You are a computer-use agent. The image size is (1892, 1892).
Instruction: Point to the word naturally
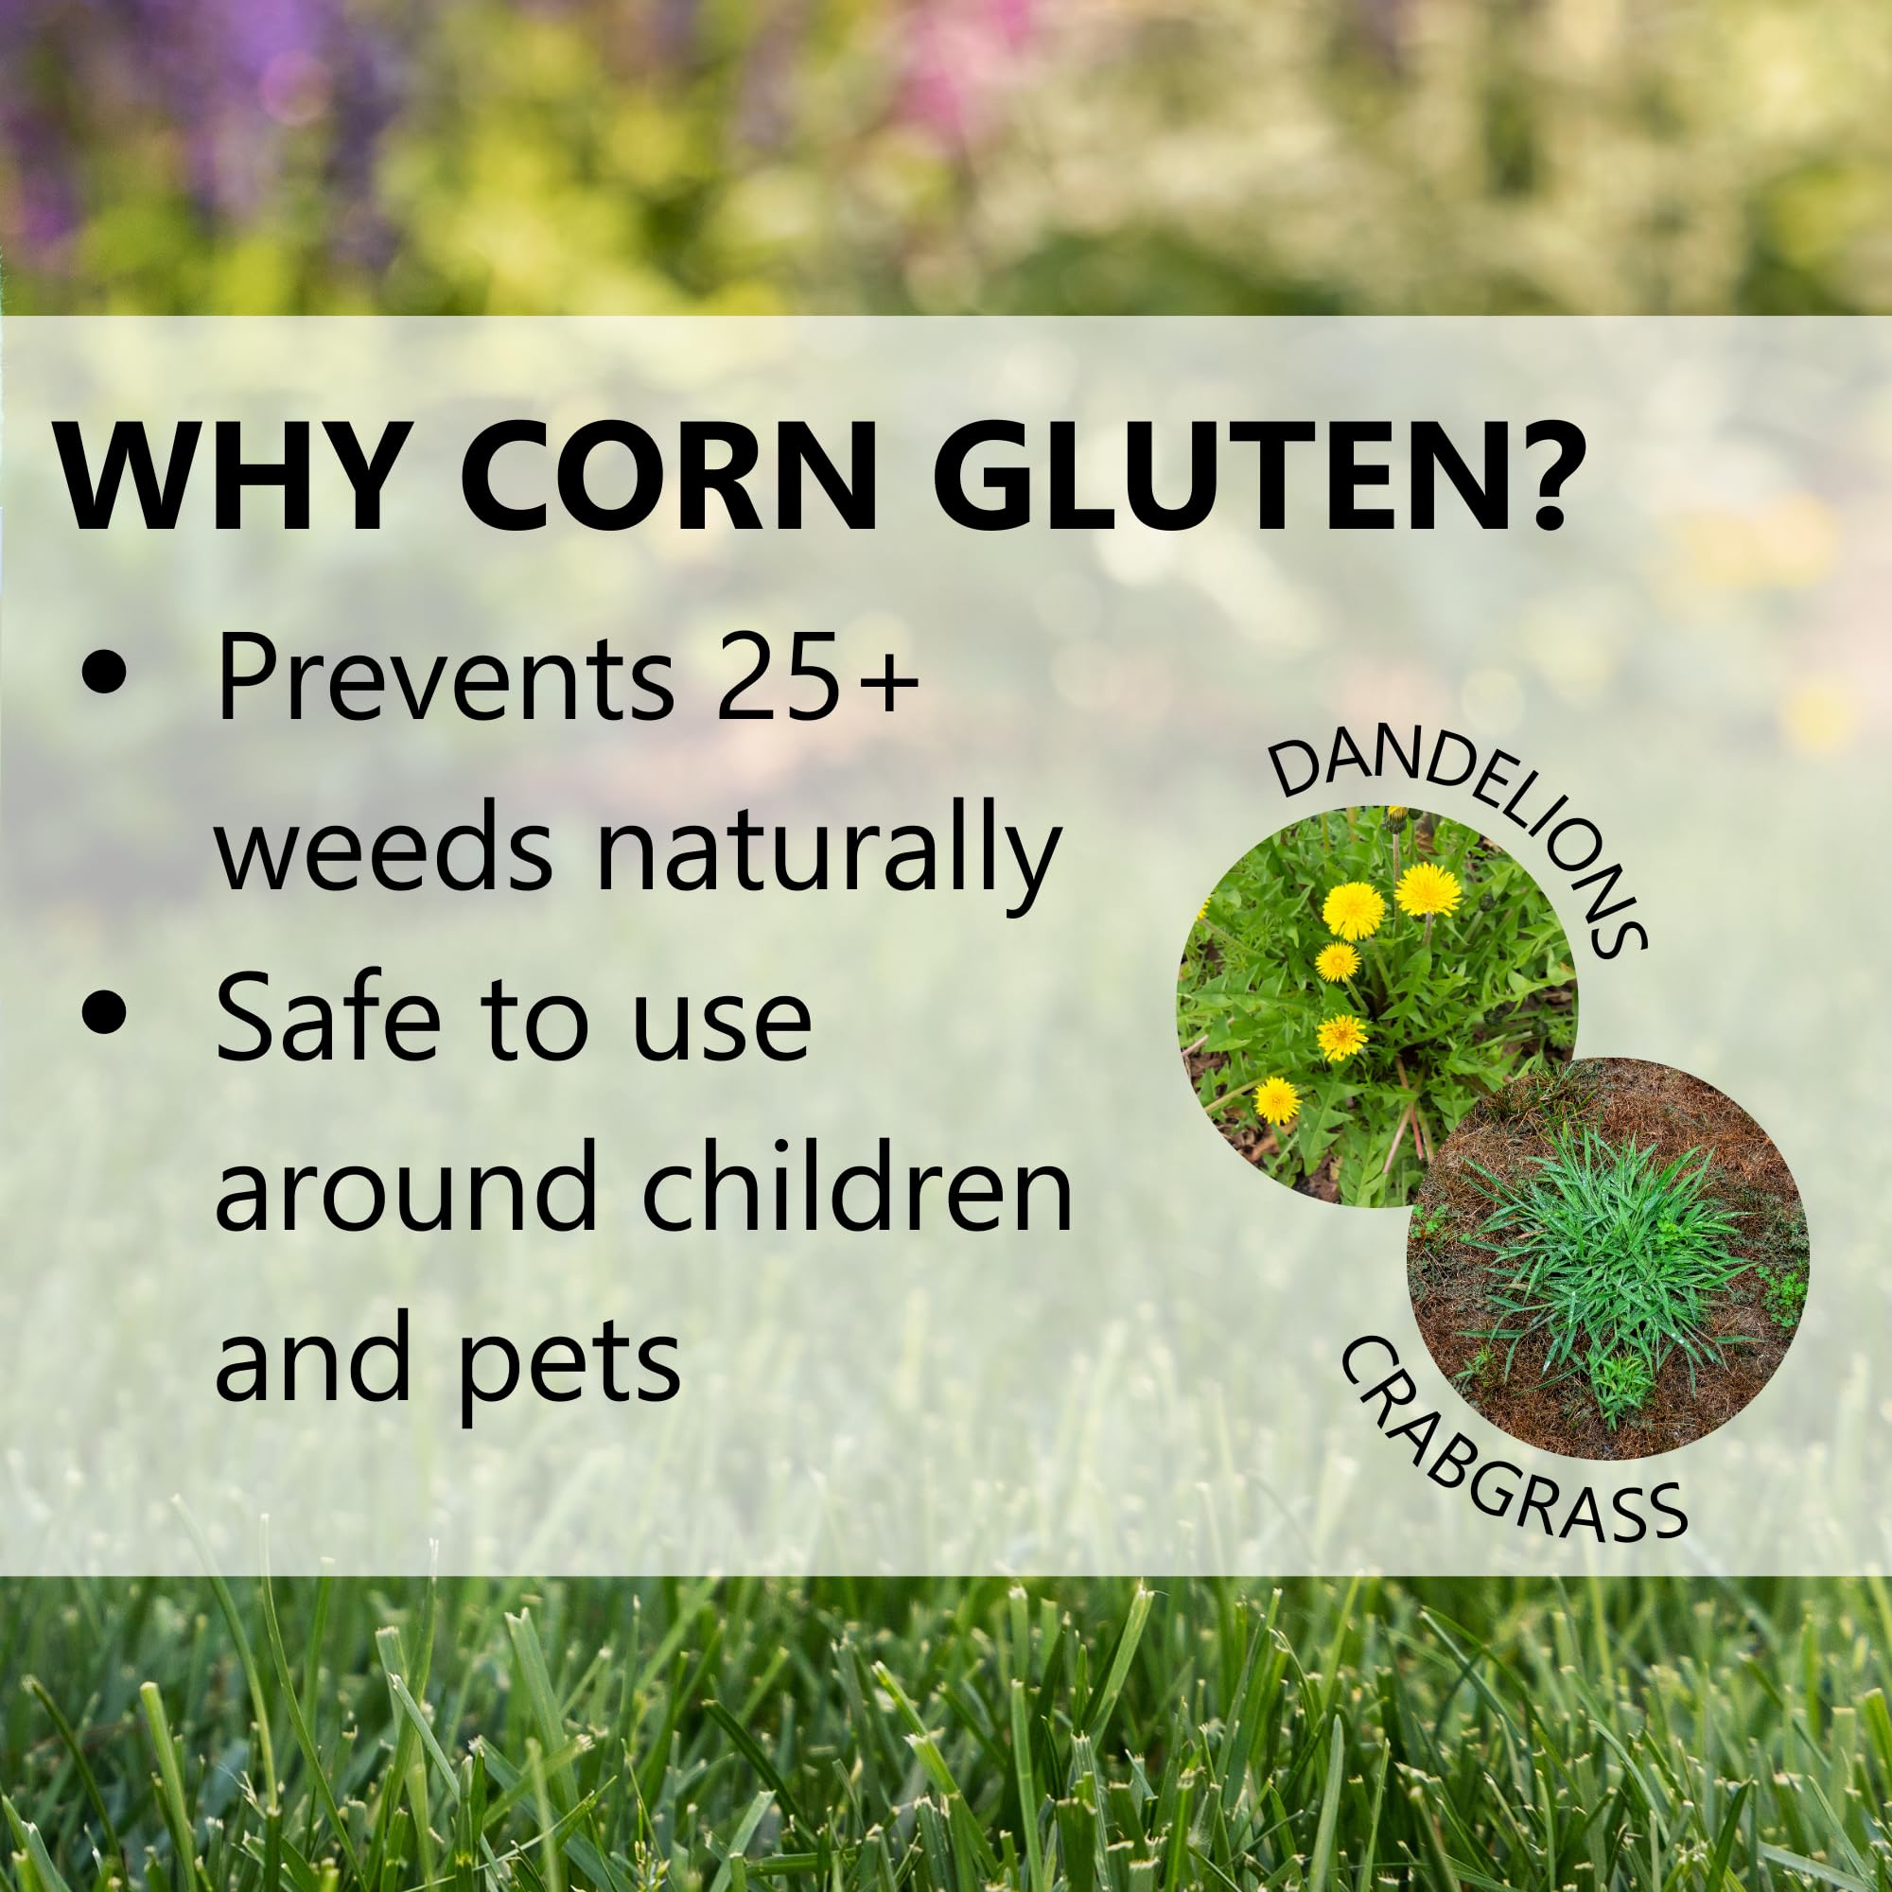tap(829, 858)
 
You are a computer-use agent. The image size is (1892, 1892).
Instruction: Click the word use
tap(721, 1027)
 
